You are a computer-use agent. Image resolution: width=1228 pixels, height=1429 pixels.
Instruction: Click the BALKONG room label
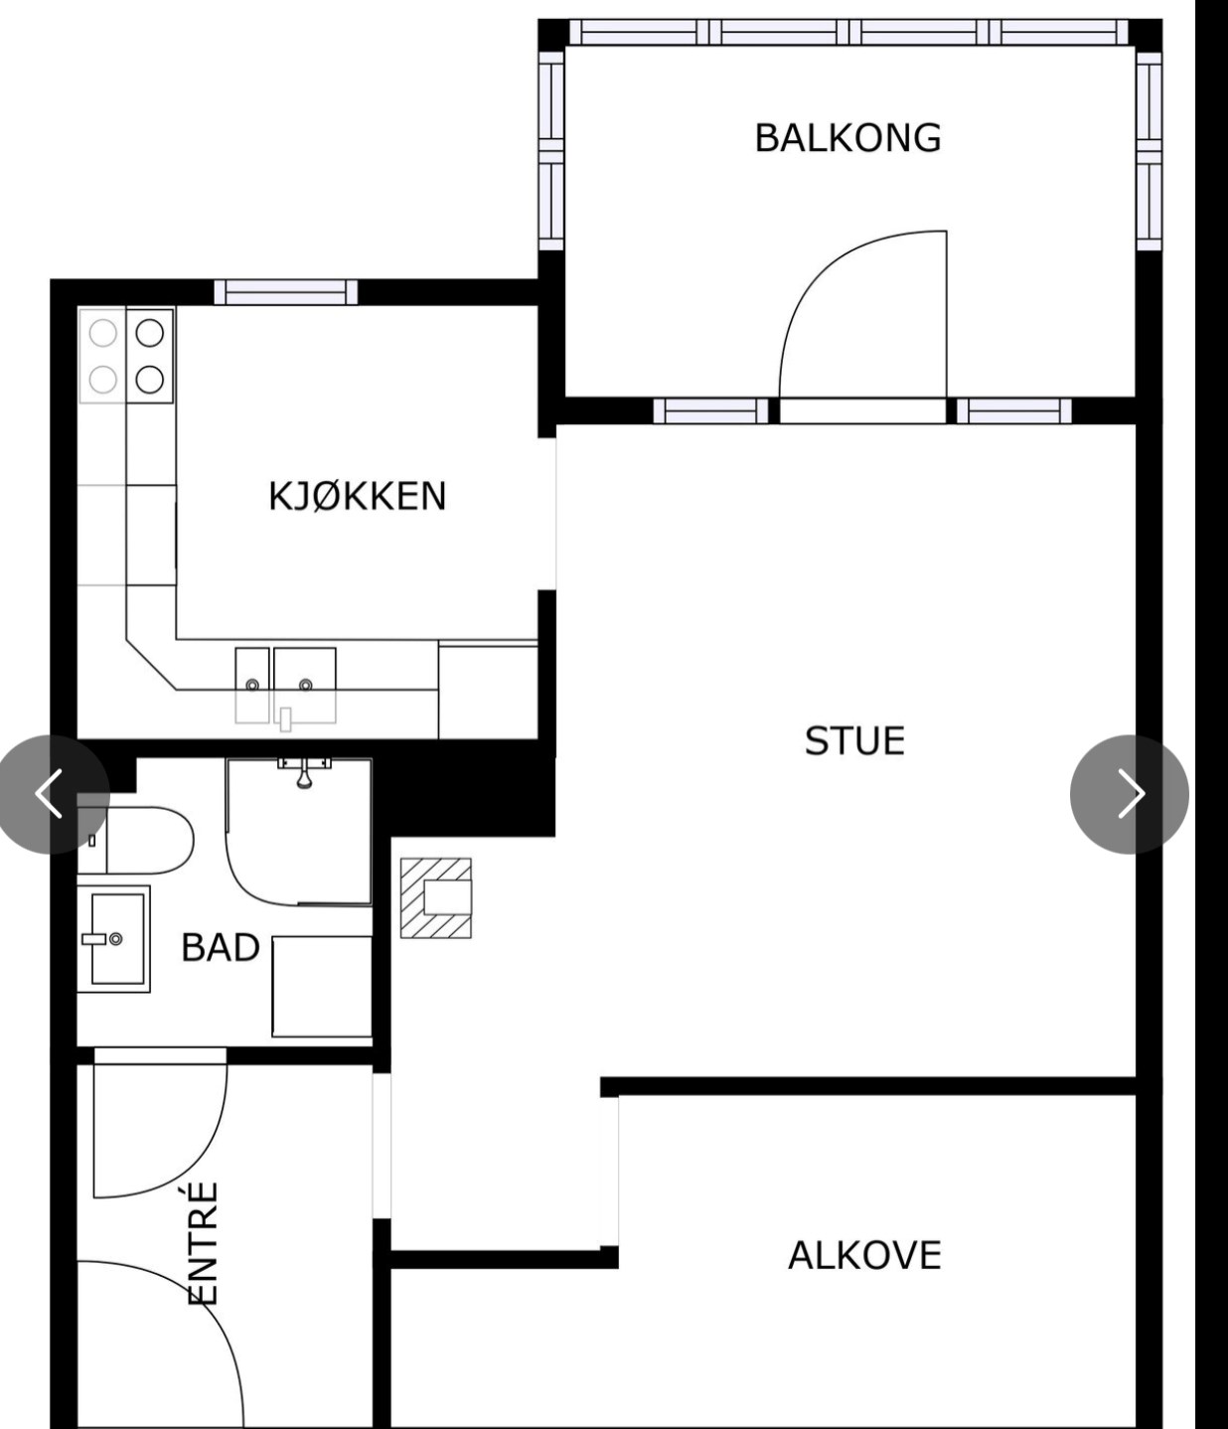847,137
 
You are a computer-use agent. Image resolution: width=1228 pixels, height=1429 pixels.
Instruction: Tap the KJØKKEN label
358,497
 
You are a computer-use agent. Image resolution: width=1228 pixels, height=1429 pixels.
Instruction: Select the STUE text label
854,741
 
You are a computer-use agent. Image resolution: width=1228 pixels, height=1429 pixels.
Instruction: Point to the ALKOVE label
864,1255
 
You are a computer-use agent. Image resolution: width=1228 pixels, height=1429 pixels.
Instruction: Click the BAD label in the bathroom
221,947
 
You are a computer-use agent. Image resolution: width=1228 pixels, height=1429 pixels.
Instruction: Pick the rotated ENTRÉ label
203,1244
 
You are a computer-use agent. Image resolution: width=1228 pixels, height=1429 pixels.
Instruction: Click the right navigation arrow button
1130,794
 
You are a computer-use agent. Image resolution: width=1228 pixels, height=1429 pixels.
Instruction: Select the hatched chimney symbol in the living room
436,898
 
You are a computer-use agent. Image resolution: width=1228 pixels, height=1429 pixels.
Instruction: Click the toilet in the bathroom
135,840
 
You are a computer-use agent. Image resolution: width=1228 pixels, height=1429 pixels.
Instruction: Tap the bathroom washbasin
113,939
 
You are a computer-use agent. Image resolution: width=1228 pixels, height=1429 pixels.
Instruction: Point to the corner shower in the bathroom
298,832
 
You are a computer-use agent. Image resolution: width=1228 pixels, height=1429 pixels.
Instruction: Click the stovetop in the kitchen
126,356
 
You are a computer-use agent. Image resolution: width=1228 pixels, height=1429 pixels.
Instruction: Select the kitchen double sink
285,686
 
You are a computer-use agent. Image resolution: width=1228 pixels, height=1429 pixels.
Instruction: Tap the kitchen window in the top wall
285,292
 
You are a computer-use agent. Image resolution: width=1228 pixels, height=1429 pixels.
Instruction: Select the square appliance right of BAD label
322,987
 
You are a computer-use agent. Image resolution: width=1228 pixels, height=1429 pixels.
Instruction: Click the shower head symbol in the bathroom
304,773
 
